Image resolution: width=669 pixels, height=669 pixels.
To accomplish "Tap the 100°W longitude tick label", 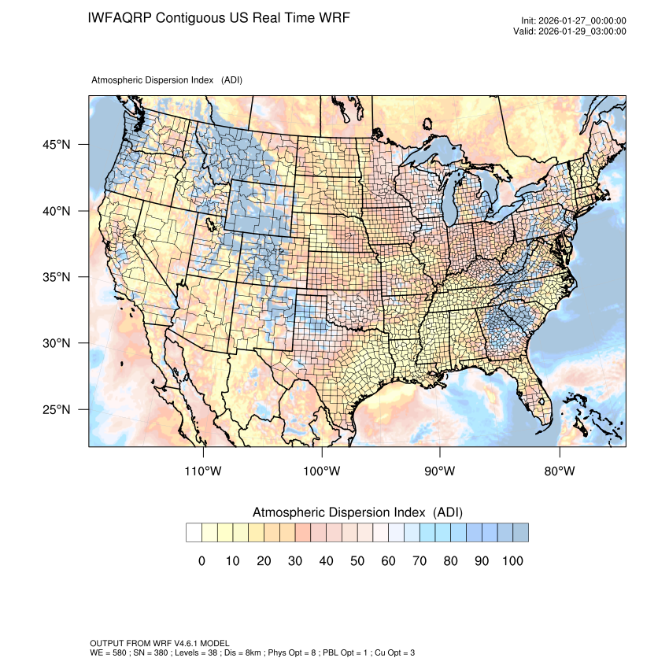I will coord(322,471).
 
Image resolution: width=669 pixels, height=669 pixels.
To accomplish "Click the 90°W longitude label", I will coord(440,471).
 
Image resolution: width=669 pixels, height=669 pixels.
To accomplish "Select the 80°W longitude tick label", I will coord(559,471).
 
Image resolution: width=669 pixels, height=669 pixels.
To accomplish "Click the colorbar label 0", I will coord(201,560).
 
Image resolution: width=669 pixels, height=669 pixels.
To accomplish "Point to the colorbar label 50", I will coord(357,560).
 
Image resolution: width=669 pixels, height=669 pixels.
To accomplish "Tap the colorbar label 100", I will coord(512,560).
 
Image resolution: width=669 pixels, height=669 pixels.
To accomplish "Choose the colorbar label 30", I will coord(294,560).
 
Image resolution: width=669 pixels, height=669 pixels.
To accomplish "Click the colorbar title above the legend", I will coord(357,512).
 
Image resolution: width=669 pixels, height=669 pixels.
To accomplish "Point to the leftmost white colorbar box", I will coord(194,533).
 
